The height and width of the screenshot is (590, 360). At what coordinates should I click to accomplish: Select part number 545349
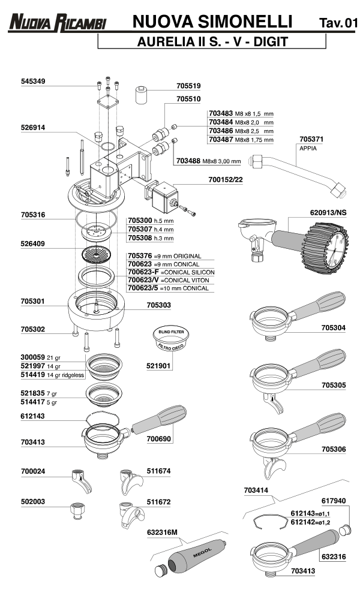(34, 81)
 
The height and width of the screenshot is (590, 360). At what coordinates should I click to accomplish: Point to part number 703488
(188, 161)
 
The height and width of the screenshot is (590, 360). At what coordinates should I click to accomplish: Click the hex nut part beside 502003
(76, 511)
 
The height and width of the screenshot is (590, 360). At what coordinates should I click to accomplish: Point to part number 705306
(334, 448)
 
